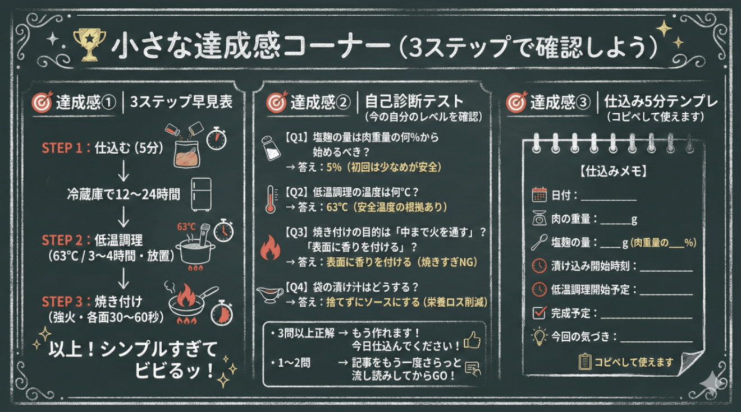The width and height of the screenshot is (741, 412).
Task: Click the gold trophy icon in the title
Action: [89, 45]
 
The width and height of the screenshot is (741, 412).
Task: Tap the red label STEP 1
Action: [62, 148]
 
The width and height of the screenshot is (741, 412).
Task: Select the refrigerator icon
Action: [201, 195]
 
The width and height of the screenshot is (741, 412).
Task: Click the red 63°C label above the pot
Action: [186, 226]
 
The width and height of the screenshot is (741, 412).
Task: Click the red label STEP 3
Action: [62, 302]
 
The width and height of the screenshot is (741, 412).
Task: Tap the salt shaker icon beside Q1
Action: [271, 149]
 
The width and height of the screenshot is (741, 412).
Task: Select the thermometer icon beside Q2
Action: [271, 200]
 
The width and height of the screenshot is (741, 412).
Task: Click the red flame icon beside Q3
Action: [270, 247]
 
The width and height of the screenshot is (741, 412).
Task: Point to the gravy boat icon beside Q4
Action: [270, 294]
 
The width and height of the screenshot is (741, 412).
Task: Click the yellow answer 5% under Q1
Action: [334, 167]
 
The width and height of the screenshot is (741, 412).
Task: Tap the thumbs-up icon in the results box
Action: [472, 340]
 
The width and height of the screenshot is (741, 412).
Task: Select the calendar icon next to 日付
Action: [539, 195]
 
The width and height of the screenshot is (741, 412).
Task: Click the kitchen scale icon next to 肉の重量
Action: [539, 219]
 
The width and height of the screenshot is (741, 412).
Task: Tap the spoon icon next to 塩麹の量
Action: [539, 242]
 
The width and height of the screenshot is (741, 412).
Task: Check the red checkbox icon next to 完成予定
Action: [539, 312]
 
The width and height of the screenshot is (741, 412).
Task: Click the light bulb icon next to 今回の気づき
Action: [539, 336]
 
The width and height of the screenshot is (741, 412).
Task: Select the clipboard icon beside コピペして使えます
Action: [585, 362]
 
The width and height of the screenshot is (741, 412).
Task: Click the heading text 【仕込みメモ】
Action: [613, 171]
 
